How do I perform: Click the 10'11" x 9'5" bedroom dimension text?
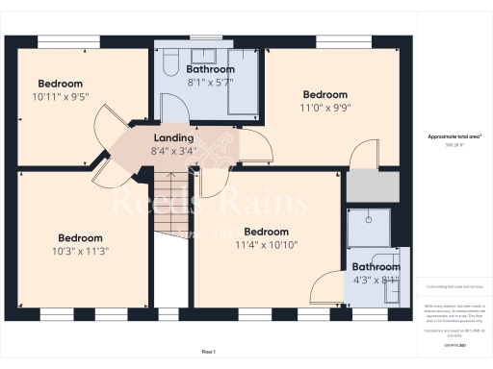coord(61,97)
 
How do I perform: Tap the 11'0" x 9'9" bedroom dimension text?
coord(324,109)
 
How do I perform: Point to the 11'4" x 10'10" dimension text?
coord(266,245)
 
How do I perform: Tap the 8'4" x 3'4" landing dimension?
coord(172,151)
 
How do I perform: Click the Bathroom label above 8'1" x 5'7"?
coord(210,69)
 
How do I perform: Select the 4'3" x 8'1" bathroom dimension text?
coord(375,281)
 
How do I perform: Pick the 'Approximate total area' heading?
coord(454,136)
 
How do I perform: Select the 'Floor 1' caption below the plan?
coord(209,352)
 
